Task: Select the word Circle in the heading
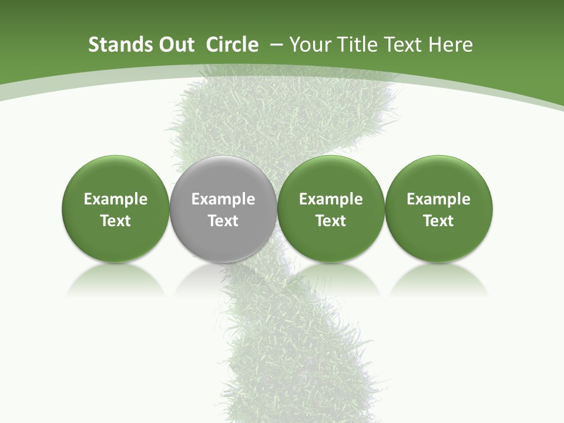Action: [232, 45]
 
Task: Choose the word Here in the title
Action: [451, 45]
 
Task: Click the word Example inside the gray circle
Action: [223, 199]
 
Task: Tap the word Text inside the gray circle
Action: [223, 221]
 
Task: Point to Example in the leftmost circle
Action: [116, 199]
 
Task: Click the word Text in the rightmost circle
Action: [438, 221]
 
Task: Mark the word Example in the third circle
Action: [331, 199]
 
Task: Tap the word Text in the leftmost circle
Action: [116, 221]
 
